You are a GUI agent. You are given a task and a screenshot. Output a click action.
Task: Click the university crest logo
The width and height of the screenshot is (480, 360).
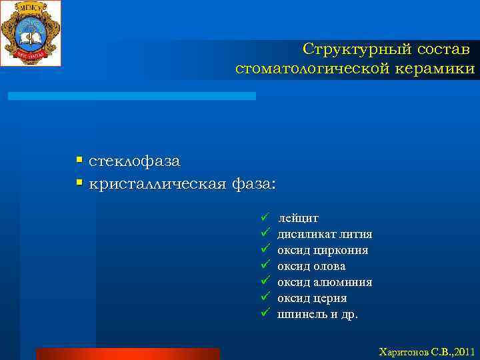click(31, 33)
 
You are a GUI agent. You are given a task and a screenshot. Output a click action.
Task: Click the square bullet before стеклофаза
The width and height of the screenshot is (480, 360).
click(79, 161)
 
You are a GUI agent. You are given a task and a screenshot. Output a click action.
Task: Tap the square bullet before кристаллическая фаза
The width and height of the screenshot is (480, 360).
click(79, 183)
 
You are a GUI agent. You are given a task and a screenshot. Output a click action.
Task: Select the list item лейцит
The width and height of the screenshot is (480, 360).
click(299, 218)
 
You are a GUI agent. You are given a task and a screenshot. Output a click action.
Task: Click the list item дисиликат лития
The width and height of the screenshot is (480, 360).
click(325, 234)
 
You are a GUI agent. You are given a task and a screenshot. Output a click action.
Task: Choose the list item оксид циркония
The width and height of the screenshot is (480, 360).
click(323, 250)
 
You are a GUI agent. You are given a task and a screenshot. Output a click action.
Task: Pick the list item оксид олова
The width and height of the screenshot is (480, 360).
click(311, 266)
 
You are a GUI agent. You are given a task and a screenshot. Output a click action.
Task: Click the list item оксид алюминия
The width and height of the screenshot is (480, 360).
click(325, 282)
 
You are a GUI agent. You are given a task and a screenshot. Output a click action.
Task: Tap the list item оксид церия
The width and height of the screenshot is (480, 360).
click(312, 298)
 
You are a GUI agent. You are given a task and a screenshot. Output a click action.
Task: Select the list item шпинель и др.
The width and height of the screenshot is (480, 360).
click(317, 314)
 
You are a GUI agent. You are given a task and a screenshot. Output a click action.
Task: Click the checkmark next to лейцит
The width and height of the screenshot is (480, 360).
click(265, 217)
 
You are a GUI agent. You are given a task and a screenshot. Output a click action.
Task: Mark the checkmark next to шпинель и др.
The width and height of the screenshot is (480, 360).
click(265, 313)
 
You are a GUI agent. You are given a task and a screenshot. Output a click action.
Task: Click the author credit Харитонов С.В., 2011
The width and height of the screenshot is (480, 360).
click(426, 351)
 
